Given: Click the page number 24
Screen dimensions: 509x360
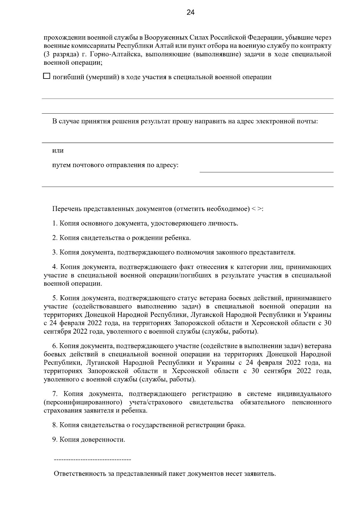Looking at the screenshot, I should (x=190, y=12).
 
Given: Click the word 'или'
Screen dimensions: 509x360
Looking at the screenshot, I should (x=58, y=150).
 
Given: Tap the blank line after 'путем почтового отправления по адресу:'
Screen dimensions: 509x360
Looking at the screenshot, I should (x=266, y=170).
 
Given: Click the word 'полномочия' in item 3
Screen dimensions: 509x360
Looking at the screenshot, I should (x=196, y=252).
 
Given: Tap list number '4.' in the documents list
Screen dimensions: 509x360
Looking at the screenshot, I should (x=55, y=267).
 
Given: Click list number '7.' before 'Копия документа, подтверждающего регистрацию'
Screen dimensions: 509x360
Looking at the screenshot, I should (x=55, y=394).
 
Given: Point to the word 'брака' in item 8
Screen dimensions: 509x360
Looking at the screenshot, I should (x=237, y=425).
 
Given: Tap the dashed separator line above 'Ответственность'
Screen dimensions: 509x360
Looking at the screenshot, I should (x=92, y=459).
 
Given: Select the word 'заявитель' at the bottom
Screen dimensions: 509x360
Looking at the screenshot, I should (x=260, y=474).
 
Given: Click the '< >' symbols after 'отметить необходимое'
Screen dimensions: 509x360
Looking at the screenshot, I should (x=257, y=209).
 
